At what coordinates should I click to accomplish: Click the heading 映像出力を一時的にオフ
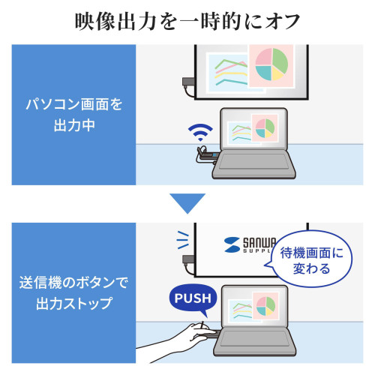(187, 22)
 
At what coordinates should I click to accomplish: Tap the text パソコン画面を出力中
(74, 115)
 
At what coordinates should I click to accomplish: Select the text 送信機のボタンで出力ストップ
(73, 292)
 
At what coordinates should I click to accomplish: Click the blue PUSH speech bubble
(193, 298)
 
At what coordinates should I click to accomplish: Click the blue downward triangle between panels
(187, 203)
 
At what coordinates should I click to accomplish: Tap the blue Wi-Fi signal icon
(200, 132)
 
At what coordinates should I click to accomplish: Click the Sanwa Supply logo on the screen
(250, 244)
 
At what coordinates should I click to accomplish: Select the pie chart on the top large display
(271, 64)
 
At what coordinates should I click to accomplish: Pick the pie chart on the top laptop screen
(265, 128)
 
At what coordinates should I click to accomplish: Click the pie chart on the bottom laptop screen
(265, 306)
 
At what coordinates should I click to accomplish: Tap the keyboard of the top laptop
(253, 162)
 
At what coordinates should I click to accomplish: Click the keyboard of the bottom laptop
(253, 339)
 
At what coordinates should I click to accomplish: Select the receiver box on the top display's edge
(189, 82)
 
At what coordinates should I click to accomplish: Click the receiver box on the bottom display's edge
(189, 259)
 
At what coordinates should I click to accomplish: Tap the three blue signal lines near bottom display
(183, 240)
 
